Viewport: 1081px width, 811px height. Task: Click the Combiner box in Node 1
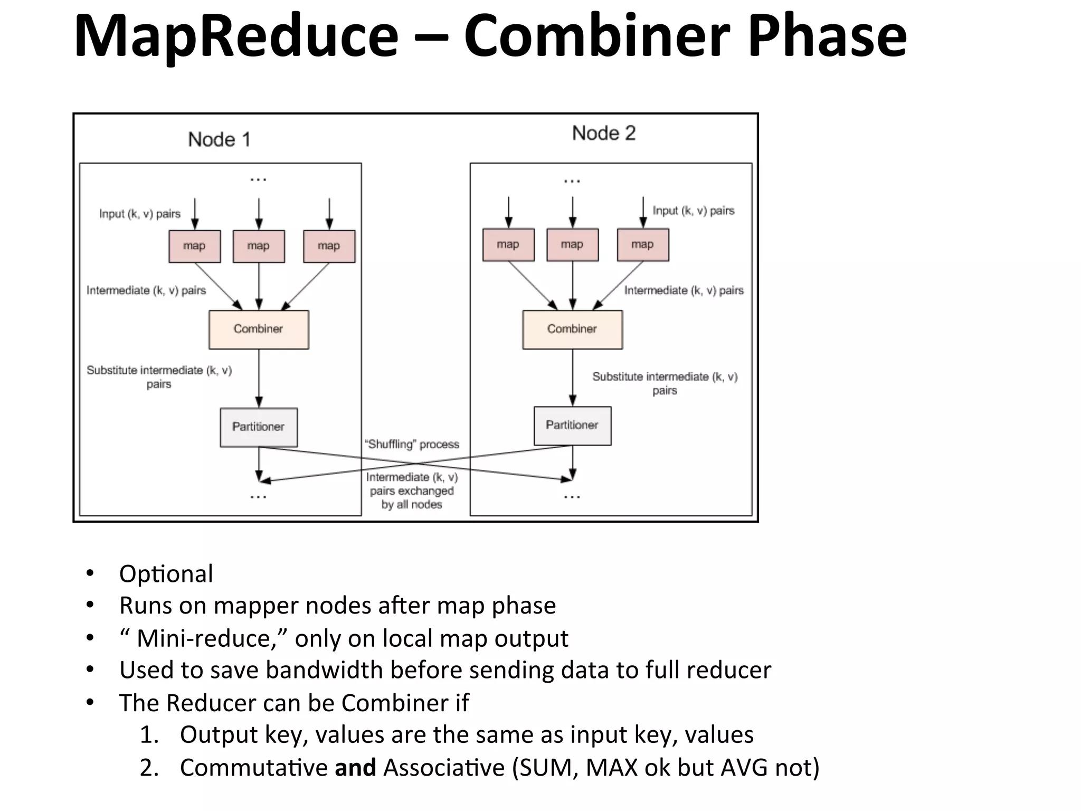259,329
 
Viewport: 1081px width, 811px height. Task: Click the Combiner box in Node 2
572,329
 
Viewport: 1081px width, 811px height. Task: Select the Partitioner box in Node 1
259,427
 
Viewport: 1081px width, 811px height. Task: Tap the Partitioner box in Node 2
572,426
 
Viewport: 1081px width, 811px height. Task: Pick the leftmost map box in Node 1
194,246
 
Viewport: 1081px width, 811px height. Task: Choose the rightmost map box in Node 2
642,245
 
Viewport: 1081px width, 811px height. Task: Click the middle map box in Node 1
259,246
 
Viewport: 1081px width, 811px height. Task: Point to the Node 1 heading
219,139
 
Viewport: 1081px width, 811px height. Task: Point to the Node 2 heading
604,134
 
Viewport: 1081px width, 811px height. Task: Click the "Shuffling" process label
412,444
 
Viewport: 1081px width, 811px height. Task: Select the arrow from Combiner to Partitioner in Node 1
259,378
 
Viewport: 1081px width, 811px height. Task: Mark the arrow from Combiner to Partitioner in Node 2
573,377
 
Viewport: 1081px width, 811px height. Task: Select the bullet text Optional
166,574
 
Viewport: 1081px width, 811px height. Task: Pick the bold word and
355,768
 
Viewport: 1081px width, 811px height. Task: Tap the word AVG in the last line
744,768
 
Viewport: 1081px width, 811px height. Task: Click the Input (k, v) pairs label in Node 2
693,211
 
